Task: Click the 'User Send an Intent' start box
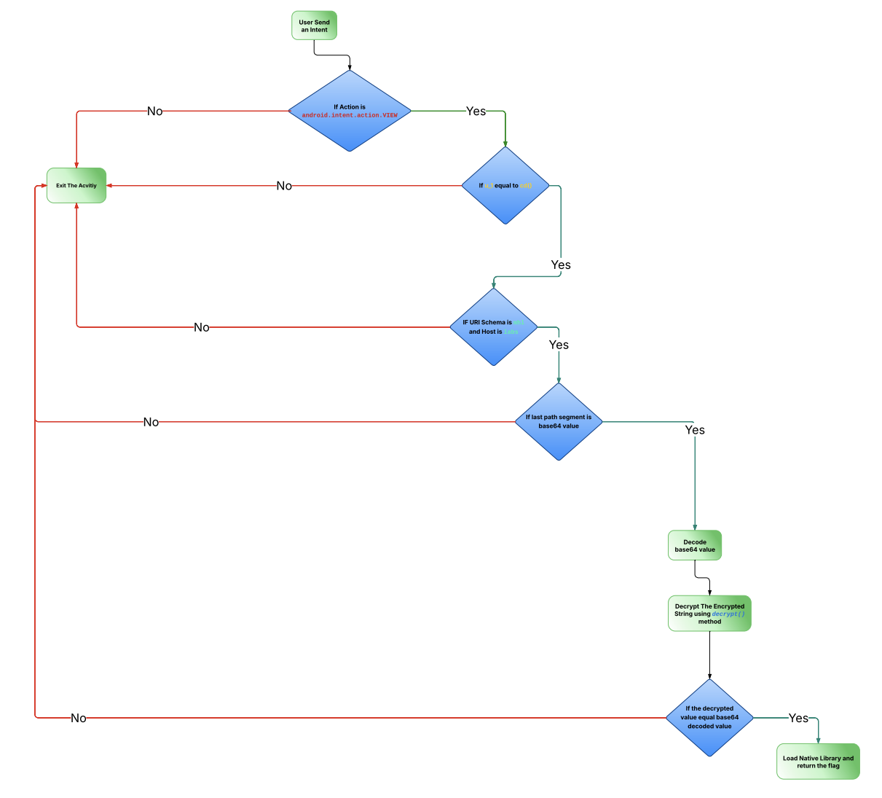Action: [314, 26]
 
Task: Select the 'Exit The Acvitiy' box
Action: [76, 185]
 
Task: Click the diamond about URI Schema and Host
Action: [493, 346]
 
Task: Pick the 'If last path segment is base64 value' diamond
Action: [559, 441]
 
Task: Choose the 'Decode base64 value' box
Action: [695, 545]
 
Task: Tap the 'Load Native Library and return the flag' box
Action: [818, 762]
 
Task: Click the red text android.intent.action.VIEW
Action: [350, 115]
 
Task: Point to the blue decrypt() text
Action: [728, 614]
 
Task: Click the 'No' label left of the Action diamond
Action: [154, 111]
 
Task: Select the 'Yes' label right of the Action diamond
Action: [476, 111]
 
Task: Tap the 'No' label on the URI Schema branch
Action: [202, 327]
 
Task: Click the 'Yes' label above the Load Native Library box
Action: [798, 718]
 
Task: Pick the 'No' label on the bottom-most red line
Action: [79, 718]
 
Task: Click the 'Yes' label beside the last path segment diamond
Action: [695, 430]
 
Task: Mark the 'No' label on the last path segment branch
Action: [151, 422]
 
